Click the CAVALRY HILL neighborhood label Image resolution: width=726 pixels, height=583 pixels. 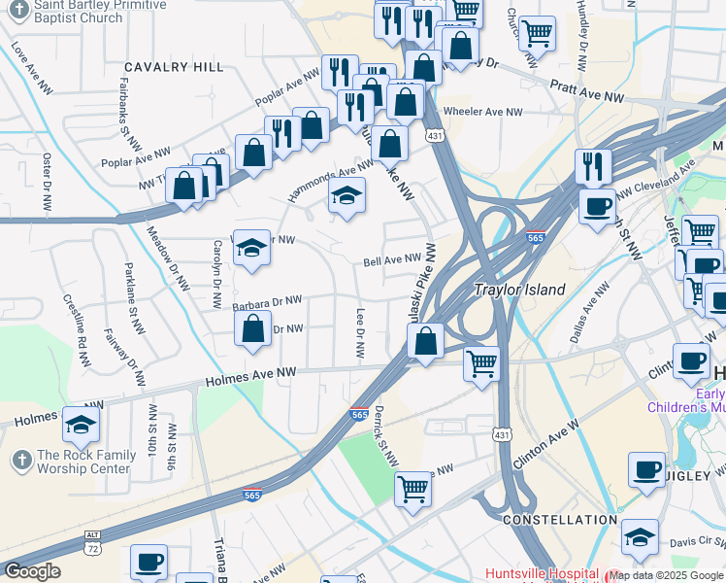tap(174, 67)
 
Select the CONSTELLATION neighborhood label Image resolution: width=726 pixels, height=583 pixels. tap(560, 520)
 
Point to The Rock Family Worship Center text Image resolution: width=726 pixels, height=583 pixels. tap(83, 462)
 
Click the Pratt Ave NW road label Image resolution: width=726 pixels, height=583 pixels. tap(587, 94)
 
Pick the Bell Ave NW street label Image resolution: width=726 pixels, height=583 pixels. tap(393, 260)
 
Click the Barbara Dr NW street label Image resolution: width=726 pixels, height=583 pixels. tap(268, 304)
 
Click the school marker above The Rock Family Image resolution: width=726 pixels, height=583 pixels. tap(81, 422)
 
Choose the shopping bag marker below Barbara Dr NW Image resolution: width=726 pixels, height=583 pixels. tap(252, 327)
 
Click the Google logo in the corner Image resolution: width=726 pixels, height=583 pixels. tap(32, 571)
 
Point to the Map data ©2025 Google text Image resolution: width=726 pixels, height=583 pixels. tap(666, 575)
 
